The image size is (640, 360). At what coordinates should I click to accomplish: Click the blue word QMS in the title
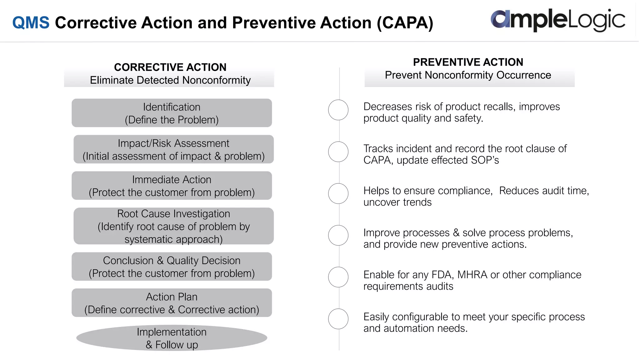tap(31, 23)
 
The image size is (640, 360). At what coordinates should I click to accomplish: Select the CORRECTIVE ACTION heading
tap(170, 67)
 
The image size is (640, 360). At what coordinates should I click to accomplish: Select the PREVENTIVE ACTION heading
tap(468, 62)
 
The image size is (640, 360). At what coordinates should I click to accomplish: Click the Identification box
tap(172, 113)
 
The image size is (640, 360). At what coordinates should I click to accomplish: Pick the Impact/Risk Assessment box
tap(173, 149)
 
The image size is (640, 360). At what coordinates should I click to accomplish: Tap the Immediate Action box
tap(172, 186)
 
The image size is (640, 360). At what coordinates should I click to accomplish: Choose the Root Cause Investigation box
tap(173, 226)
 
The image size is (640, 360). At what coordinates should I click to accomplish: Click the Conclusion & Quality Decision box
tap(172, 267)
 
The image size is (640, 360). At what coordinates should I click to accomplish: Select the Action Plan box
tap(172, 303)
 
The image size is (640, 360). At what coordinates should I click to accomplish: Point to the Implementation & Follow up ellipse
tap(172, 338)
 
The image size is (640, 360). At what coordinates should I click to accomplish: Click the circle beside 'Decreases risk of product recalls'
tap(338, 110)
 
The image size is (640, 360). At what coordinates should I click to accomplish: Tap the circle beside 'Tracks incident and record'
tap(338, 152)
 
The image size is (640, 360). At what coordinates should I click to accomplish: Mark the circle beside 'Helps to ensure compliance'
tap(338, 193)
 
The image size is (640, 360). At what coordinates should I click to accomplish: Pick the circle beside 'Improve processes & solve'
tap(338, 235)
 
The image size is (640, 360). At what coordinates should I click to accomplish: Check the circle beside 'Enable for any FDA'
tap(338, 277)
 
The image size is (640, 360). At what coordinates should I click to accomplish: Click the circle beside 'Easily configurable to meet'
tap(338, 319)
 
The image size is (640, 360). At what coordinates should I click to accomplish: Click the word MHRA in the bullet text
tap(472, 275)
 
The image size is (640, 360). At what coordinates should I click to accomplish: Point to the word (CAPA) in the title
tap(405, 23)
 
